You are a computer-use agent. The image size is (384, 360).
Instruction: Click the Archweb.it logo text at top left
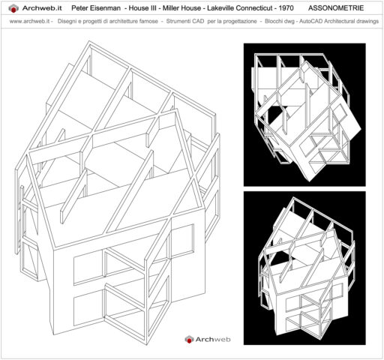(x=42, y=7)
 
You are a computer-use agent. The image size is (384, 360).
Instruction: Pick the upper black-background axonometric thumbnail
(x=304, y=114)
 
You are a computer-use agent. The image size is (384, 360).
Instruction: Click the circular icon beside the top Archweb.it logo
(x=10, y=7)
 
